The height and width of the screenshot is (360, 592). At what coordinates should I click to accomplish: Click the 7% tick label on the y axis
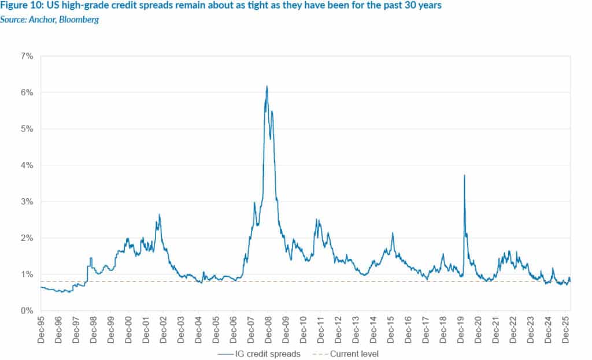coord(27,56)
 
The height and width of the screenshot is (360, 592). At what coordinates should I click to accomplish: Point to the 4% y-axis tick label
coord(27,165)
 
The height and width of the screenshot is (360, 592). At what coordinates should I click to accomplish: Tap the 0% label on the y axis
coord(27,311)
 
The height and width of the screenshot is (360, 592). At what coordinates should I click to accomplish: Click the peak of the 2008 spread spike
coord(267,87)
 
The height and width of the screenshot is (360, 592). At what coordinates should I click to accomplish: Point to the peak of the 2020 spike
coord(464,175)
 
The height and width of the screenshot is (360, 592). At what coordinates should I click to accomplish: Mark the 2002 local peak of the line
coord(159,215)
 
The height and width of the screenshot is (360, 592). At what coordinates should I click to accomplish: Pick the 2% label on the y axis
coord(27,238)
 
